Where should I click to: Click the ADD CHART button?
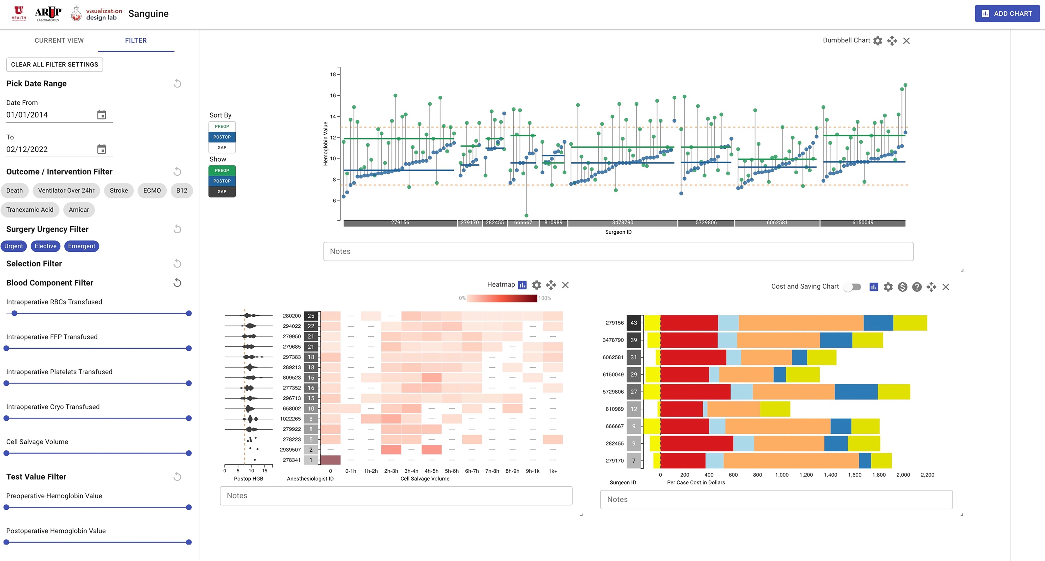coord(1007,13)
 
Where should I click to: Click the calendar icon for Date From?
coord(101,115)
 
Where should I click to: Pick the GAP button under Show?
coord(222,191)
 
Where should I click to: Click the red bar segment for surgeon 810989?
coord(682,409)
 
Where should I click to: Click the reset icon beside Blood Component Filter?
coord(177,283)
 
